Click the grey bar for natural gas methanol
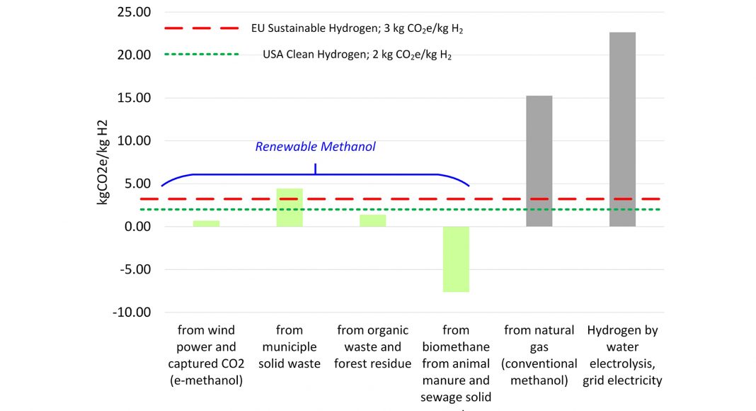(539, 161)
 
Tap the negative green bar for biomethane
(456, 259)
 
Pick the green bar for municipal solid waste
(290, 208)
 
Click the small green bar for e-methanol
(206, 223)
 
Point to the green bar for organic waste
(373, 220)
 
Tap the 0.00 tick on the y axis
(137, 227)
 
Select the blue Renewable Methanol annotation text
(315, 147)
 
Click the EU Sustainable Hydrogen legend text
(357, 29)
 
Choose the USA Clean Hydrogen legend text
(357, 55)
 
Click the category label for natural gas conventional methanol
(539, 355)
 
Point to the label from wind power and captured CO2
(206, 355)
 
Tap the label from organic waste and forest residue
(373, 347)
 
